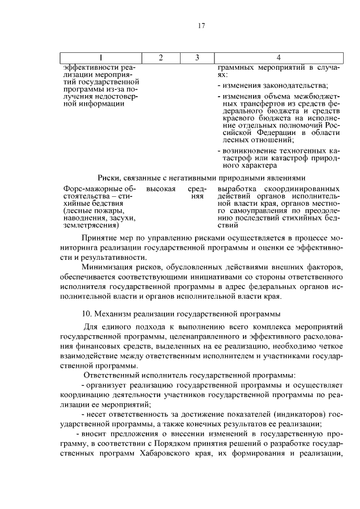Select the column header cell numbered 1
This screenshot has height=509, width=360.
101,58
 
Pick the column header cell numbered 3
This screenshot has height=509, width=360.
197,58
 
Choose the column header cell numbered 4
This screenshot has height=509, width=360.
278,58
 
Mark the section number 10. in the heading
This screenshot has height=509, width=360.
88,313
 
